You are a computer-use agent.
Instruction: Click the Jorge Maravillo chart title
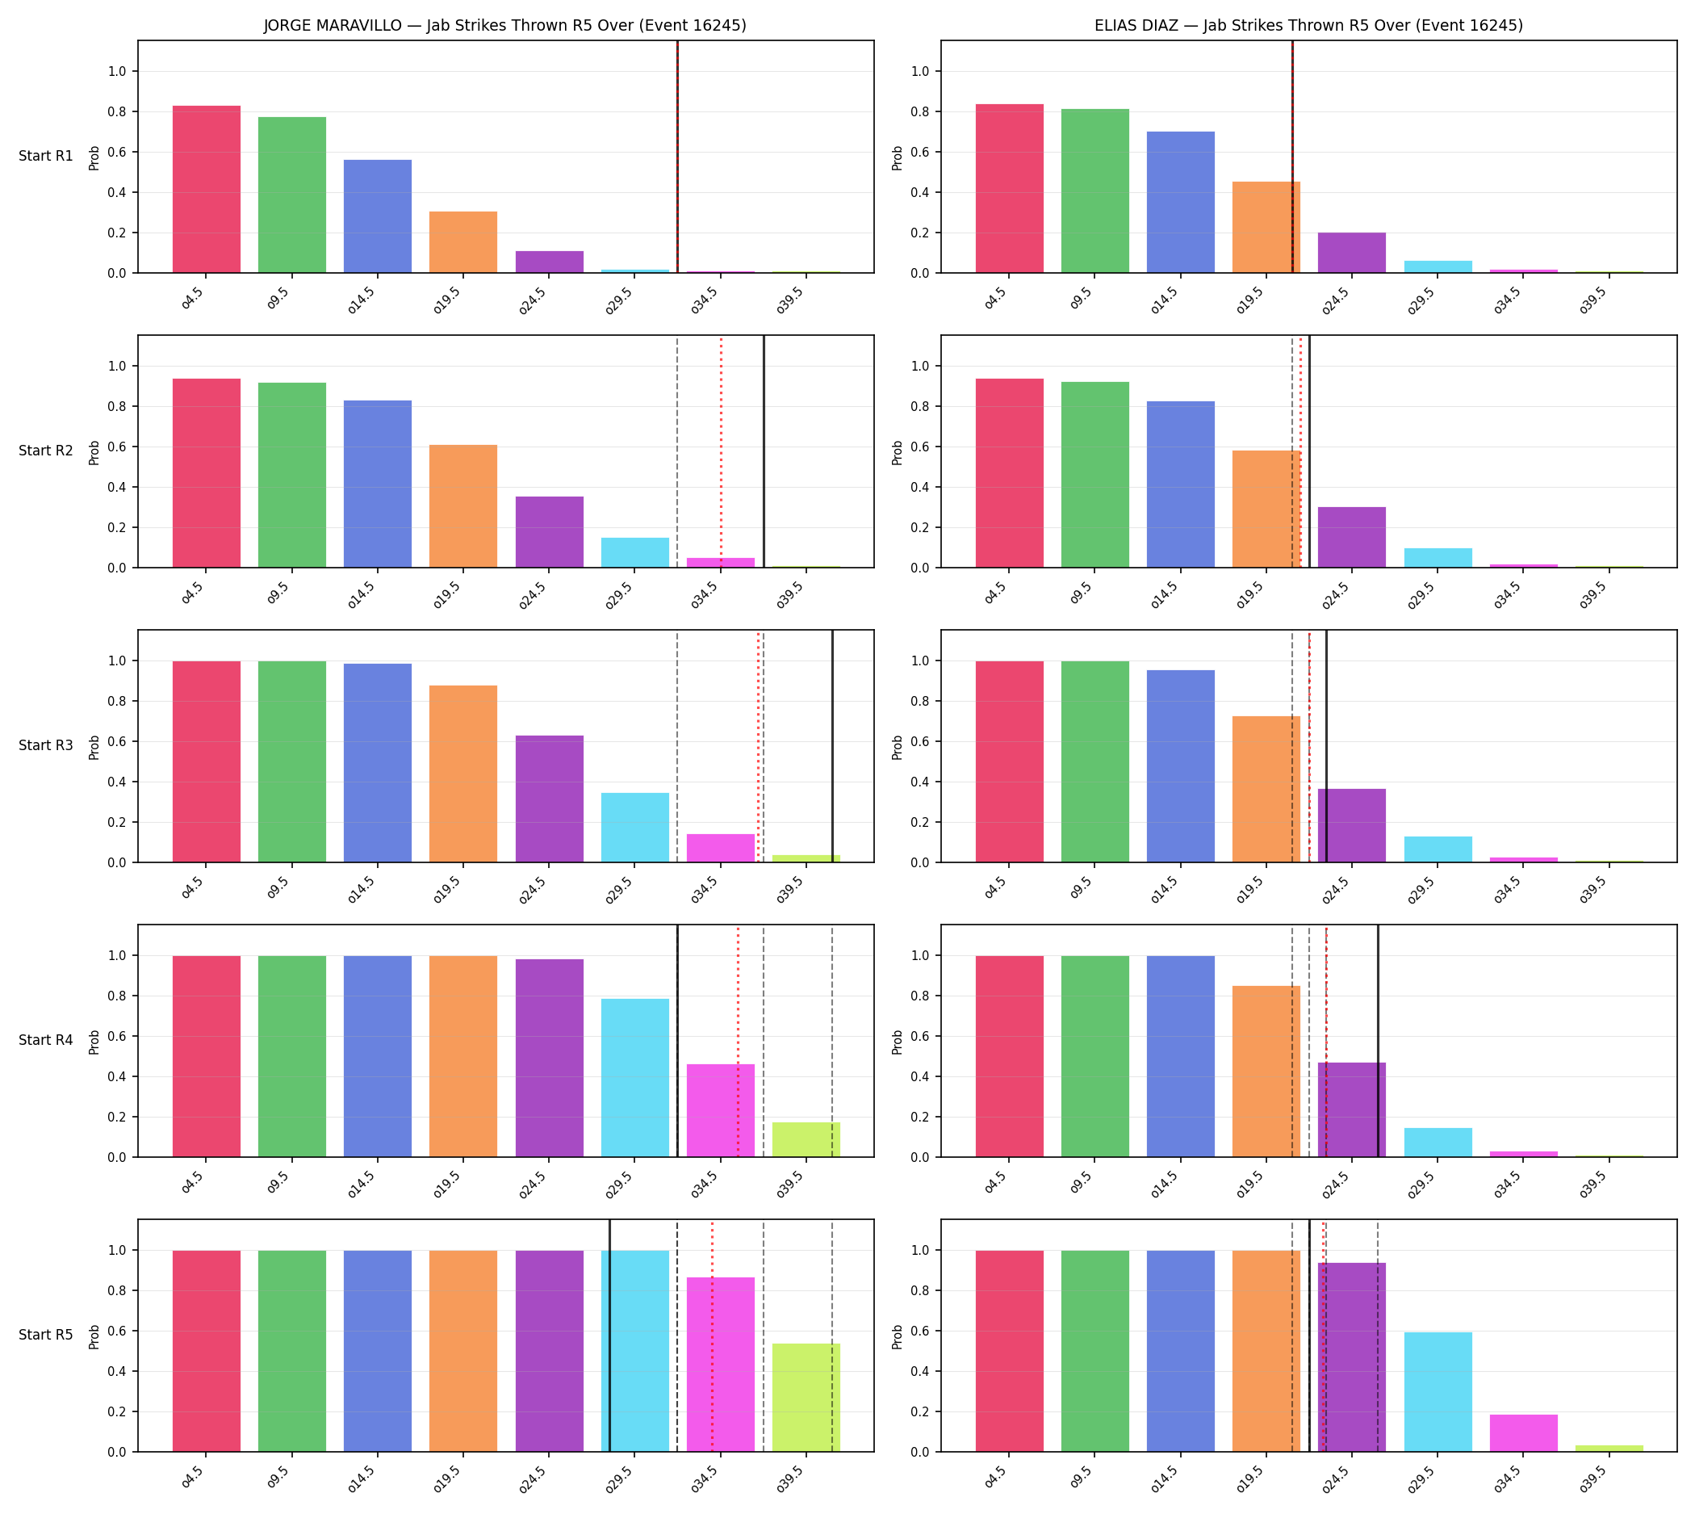coord(504,26)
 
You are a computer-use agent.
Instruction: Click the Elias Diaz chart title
coord(1308,26)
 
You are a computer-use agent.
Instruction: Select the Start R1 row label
coord(46,157)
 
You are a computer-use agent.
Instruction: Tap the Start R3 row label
coord(46,745)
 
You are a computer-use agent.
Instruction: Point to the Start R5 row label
coord(46,1334)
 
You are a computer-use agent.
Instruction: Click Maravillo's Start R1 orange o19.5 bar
coord(463,242)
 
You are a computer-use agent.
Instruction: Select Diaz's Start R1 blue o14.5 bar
coord(1180,202)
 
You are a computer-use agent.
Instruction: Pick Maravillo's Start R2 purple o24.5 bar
coord(549,532)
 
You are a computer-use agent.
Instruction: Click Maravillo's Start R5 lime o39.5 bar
coord(806,1398)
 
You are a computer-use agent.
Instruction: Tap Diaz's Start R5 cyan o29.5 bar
coord(1438,1392)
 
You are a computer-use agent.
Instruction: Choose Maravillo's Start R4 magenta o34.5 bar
coord(720,1110)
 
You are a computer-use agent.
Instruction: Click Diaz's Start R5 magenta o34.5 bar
coord(1524,1433)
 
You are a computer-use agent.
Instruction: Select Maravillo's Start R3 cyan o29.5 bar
coord(634,828)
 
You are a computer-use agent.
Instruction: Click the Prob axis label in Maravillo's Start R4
coord(94,1041)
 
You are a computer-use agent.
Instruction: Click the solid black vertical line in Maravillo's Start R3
coord(832,746)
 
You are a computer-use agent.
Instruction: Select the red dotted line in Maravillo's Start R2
coord(721,451)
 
